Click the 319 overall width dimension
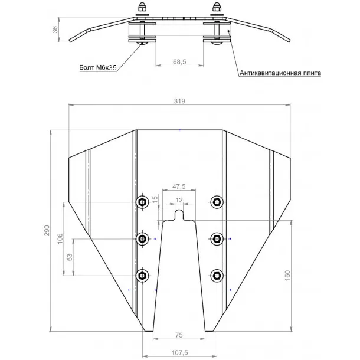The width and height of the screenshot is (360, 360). coord(179,101)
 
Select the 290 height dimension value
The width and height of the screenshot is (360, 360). coord(47,231)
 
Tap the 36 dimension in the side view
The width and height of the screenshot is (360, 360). coord(55,30)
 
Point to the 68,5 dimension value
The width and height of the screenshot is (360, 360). coord(179,62)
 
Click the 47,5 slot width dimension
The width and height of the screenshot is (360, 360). coord(179,186)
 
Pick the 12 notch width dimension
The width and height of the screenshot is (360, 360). coord(179,200)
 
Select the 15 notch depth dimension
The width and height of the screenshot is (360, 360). coord(155,199)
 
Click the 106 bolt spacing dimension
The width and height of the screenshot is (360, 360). coord(60,238)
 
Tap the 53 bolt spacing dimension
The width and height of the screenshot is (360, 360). coord(70,257)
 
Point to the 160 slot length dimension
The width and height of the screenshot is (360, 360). coord(287,275)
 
